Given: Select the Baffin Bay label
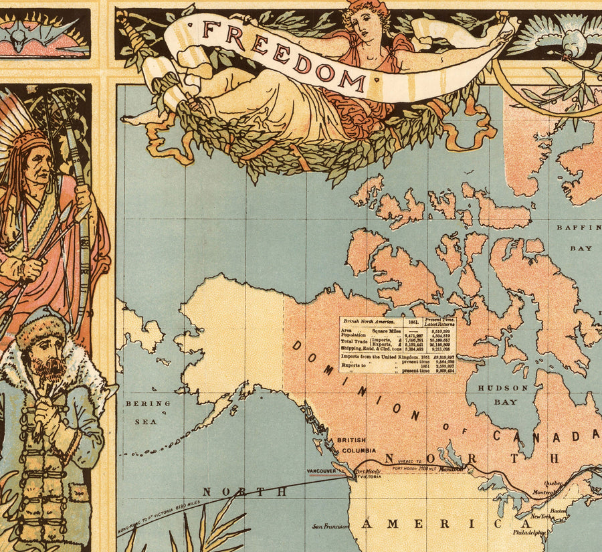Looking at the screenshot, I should pos(575,238).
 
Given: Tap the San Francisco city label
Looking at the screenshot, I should pos(331,526).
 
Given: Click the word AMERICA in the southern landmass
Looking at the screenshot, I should pos(428,524).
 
